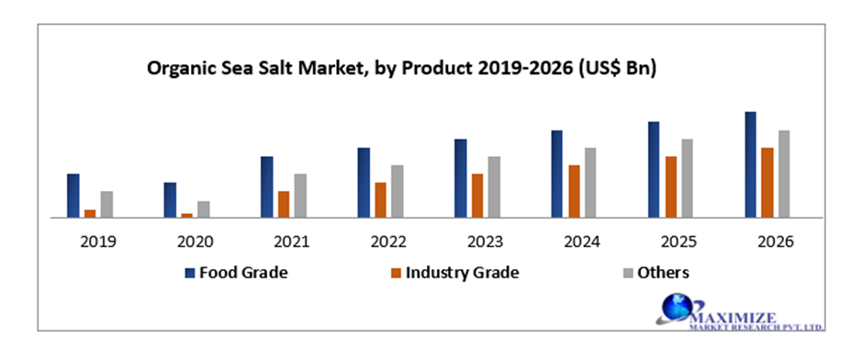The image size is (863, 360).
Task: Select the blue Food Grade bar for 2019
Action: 73,196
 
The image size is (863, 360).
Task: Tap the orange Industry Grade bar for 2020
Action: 187,215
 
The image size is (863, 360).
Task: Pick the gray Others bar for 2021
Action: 300,196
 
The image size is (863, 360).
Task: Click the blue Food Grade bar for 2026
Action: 750,165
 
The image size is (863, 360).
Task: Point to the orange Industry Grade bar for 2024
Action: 574,191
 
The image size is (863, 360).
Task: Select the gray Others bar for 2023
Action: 494,187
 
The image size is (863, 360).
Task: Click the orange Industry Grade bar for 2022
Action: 380,200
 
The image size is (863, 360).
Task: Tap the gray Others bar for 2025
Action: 687,178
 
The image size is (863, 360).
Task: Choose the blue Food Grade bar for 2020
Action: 170,200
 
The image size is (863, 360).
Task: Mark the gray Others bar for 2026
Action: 784,174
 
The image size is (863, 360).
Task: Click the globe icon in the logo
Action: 678,309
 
